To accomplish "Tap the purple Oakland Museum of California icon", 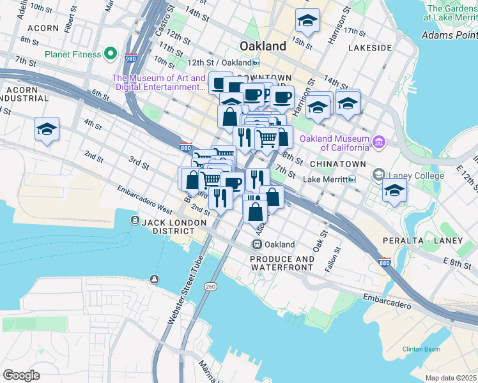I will [379, 140].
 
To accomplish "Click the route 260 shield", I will [210, 287].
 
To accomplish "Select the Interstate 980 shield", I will [130, 57].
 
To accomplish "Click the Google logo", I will [21, 375].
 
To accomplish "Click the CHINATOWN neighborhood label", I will [338, 164].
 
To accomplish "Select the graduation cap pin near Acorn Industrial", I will [47, 129].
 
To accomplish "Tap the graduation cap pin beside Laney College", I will [394, 191].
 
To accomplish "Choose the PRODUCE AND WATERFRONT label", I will [282, 264].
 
